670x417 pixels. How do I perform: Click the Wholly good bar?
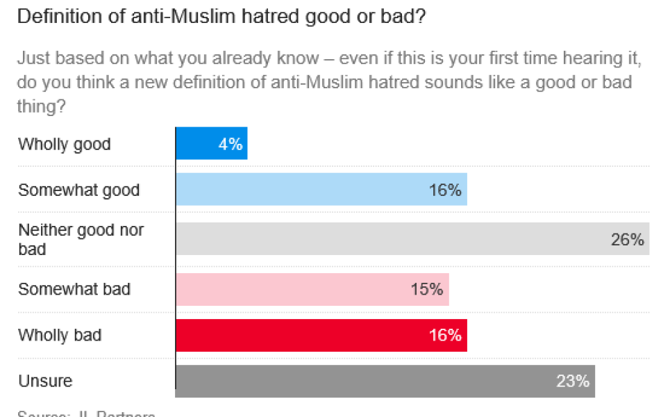pos(211,144)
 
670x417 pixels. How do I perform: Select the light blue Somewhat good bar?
pos(321,190)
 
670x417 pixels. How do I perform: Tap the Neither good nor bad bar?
pos(412,239)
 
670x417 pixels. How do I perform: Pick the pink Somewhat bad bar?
pos(312,289)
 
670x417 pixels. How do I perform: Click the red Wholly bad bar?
pos(321,335)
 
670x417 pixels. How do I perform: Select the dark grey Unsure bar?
pos(385,381)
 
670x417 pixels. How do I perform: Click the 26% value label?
pos(628,240)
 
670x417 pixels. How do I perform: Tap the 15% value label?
pos(426,289)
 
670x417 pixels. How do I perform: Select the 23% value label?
pos(573,381)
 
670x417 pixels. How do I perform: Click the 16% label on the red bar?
pos(445,335)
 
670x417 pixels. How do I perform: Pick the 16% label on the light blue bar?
pos(445,190)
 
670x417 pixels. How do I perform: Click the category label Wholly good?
pos(64,144)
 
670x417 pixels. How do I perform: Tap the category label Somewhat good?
pos(78,190)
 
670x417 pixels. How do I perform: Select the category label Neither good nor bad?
pos(81,239)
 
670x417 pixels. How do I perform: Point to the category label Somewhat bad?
pos(74,289)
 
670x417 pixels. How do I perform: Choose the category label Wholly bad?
pos(60,335)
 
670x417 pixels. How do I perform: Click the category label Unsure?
pos(45,381)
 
